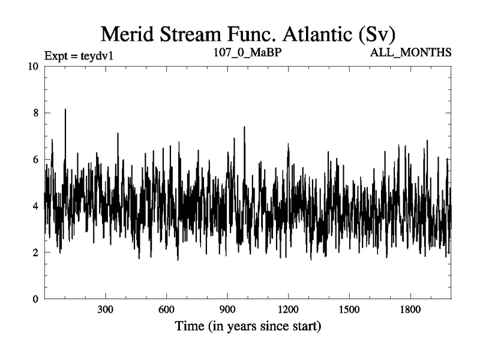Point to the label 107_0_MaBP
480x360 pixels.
pos(248,53)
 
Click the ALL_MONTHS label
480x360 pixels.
pos(412,53)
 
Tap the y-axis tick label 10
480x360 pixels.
pos(33,67)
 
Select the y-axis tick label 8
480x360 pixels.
pos(36,113)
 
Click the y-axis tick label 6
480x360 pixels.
pos(36,160)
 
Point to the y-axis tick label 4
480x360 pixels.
pos(36,206)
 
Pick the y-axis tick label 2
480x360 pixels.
pos(36,253)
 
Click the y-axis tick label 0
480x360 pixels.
pos(36,299)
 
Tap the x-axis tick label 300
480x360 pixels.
pos(106,311)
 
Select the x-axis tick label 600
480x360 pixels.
pos(166,311)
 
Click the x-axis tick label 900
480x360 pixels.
pos(227,311)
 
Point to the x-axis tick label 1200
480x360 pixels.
pos(288,311)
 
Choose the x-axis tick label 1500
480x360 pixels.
pos(349,311)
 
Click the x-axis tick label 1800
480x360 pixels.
pos(410,311)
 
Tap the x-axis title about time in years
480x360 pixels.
pos(248,328)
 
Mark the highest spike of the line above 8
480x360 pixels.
pos(65,110)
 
